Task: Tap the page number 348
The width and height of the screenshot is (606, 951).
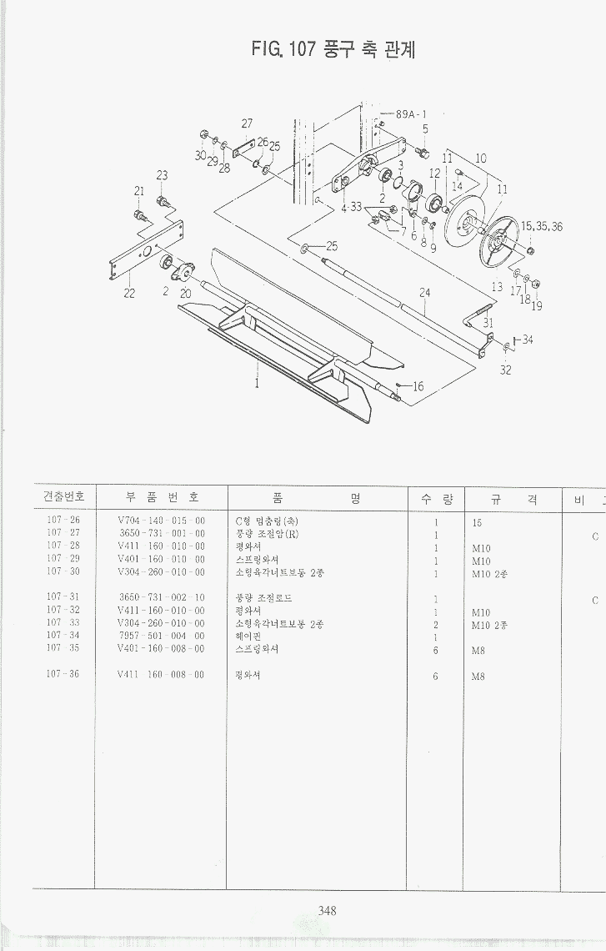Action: (x=327, y=911)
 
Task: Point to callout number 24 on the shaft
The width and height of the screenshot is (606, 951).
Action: (x=425, y=293)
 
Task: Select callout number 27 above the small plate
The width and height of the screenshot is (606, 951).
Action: (x=247, y=123)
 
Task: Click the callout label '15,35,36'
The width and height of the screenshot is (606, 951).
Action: (x=542, y=226)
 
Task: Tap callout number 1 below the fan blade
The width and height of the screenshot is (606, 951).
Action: (x=257, y=385)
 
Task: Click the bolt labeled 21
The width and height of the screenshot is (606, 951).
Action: (x=140, y=215)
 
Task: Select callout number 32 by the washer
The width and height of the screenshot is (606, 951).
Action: (x=505, y=370)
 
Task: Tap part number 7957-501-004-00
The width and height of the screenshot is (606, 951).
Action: (x=162, y=637)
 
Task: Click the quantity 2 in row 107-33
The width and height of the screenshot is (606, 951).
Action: (x=436, y=624)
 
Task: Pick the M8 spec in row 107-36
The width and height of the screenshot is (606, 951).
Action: (x=478, y=676)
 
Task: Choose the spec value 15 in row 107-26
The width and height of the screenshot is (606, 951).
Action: (x=478, y=522)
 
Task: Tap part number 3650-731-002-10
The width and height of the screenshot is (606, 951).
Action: (x=162, y=599)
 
